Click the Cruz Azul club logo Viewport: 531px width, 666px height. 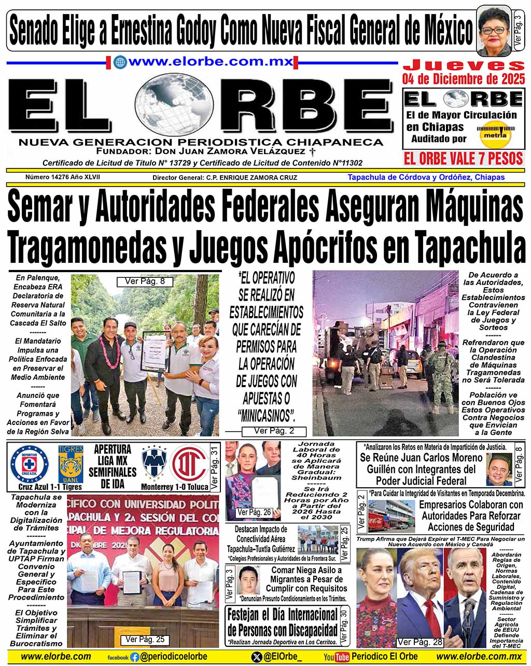[x=29, y=463]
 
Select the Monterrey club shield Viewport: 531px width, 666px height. [x=156, y=463]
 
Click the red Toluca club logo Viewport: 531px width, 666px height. [x=189, y=463]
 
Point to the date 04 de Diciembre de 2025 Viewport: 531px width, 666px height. [x=464, y=79]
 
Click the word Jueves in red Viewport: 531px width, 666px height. [x=464, y=65]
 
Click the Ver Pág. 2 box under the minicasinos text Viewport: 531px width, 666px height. [x=274, y=431]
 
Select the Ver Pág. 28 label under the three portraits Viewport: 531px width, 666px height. [x=420, y=642]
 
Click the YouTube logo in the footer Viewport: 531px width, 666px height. [x=337, y=657]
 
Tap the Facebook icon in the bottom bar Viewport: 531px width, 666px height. [x=135, y=657]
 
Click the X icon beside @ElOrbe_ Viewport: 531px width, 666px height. [x=256, y=657]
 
